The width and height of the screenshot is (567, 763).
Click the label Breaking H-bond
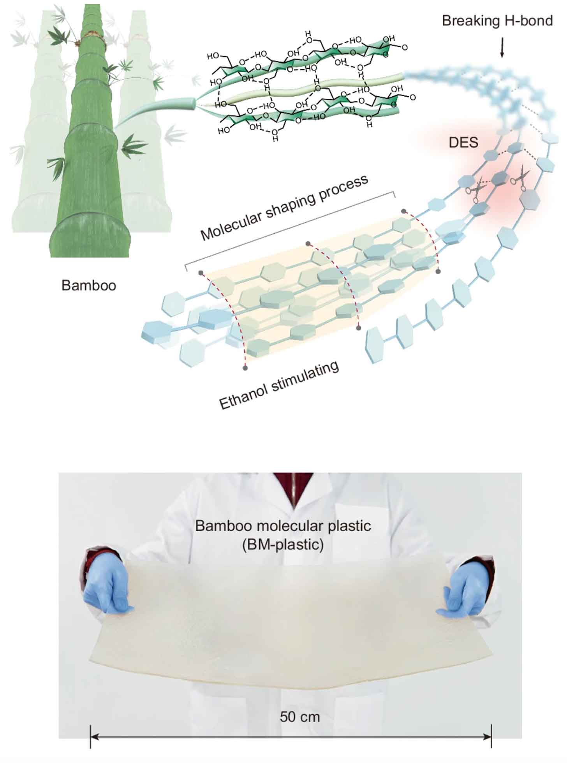[497, 21]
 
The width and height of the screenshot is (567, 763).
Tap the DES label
[463, 143]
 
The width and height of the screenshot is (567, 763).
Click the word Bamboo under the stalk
[89, 285]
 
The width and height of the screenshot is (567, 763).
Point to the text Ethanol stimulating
[279, 386]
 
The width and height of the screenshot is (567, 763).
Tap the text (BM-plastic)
[283, 544]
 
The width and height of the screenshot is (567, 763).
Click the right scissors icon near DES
[521, 178]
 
